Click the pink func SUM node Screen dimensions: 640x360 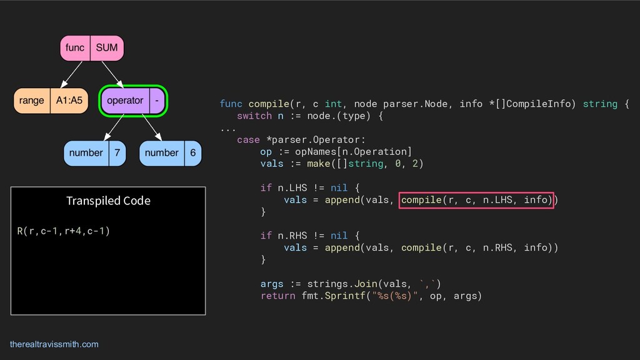click(x=91, y=48)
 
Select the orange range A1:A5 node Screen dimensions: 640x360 click(x=51, y=101)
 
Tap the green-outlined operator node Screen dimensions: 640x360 click(x=133, y=101)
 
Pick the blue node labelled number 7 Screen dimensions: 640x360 click(x=94, y=153)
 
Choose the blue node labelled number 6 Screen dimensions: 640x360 click(x=170, y=153)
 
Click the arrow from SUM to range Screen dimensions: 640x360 click(x=72, y=74)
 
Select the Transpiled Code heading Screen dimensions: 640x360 click(x=108, y=201)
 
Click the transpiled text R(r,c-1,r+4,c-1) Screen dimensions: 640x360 click(x=64, y=231)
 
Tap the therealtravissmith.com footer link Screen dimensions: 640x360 click(x=54, y=344)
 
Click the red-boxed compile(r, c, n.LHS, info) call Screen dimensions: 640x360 click(x=476, y=200)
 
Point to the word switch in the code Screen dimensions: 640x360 click(x=254, y=116)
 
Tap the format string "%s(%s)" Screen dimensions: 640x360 click(x=395, y=296)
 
